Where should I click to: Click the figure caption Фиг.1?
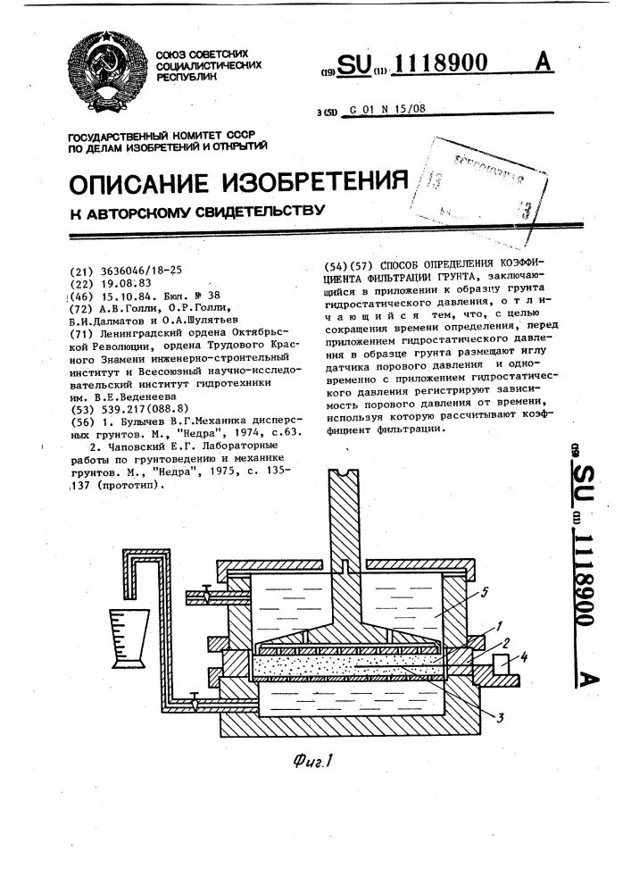(311, 763)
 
